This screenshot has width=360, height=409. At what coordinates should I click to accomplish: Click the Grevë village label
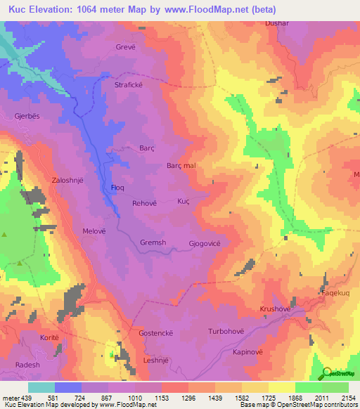click(x=125, y=47)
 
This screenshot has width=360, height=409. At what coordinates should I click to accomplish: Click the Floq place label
click(x=118, y=188)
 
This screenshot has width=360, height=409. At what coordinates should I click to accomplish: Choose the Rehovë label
click(x=145, y=203)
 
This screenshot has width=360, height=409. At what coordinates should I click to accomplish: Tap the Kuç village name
click(x=184, y=201)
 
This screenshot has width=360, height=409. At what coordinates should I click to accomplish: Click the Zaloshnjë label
click(x=67, y=180)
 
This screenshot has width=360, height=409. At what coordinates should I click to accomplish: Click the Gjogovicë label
click(x=205, y=243)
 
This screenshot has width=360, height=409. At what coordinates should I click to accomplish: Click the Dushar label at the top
click(x=277, y=23)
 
